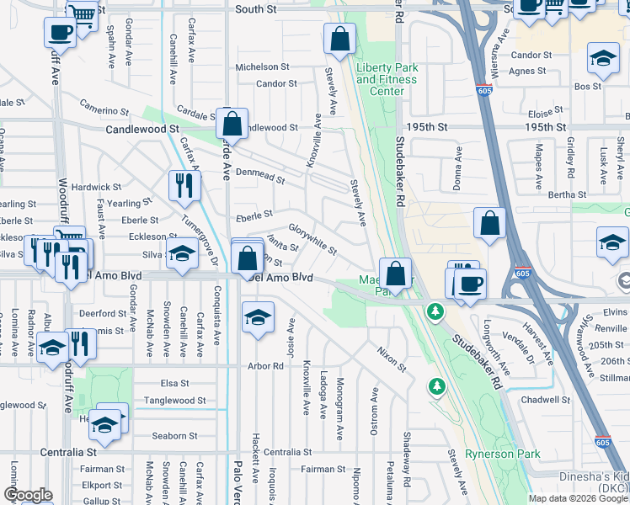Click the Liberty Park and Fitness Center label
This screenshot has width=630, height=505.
coord(386,79)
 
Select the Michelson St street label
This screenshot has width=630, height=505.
coord(262,66)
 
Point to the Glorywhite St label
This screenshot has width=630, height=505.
coord(312,239)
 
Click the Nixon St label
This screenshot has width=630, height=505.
coord(392,359)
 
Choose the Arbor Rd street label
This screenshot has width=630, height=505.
coord(264,366)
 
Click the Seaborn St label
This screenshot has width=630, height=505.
coord(174,436)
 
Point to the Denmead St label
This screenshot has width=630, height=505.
coord(260,175)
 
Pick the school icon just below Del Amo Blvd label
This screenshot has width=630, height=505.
coord(258,316)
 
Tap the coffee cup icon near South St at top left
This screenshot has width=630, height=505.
coord(60,33)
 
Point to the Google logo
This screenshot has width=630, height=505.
coord(28,496)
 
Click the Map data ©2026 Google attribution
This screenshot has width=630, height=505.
coord(578,498)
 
